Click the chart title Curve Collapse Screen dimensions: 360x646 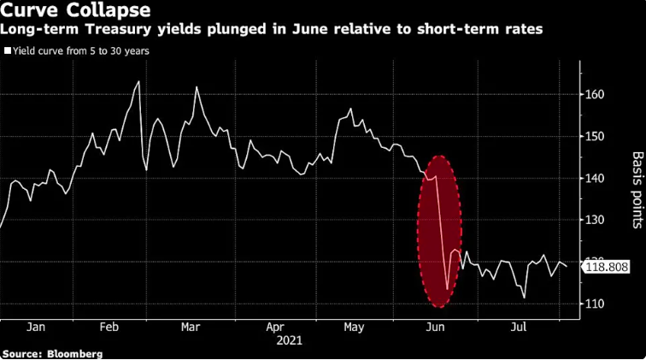[76, 11]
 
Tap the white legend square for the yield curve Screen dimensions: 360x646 [8, 50]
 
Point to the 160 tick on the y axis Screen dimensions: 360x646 [596, 94]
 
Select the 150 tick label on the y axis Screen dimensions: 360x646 [596, 136]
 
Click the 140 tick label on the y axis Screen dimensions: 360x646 [596, 178]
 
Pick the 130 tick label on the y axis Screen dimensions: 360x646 [596, 220]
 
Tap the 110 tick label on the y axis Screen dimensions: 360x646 [596, 304]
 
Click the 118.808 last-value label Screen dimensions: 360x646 [606, 268]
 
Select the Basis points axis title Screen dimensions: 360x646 [637, 190]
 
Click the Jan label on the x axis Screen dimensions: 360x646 [36, 327]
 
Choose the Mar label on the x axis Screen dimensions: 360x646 [191, 327]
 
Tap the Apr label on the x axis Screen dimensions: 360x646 [275, 327]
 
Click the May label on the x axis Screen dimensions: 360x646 [355, 327]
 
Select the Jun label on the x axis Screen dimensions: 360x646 [436, 327]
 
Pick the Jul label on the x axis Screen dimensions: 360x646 [518, 327]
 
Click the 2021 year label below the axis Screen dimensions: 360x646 [289, 339]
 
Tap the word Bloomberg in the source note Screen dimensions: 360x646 [74, 353]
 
